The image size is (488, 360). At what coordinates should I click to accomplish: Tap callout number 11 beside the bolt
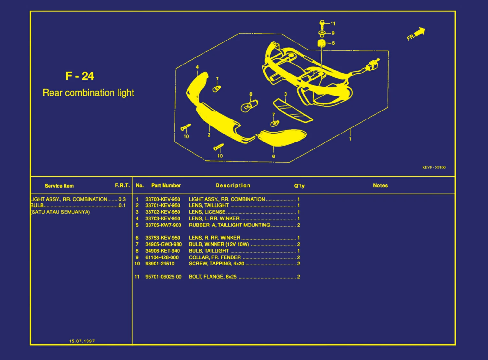pyautogui.click(x=333, y=24)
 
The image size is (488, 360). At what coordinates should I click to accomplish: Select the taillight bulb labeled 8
pyautogui.click(x=249, y=106)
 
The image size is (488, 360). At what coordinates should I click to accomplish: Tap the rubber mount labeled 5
pyautogui.click(x=322, y=43)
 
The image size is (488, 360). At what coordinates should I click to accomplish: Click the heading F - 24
pyautogui.click(x=80, y=76)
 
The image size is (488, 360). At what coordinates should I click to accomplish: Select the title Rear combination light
pyautogui.click(x=88, y=93)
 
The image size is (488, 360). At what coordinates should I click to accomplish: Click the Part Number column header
pyautogui.click(x=166, y=186)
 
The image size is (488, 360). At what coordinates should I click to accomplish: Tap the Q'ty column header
pyautogui.click(x=299, y=186)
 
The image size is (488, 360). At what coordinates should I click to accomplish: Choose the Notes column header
pyautogui.click(x=380, y=186)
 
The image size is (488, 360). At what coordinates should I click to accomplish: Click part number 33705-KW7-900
pyautogui.click(x=163, y=225)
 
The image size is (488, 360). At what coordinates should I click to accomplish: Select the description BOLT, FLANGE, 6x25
pyautogui.click(x=213, y=277)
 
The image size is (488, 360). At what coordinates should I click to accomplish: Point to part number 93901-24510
pyautogui.click(x=160, y=264)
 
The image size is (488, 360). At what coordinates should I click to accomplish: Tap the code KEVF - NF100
pyautogui.click(x=434, y=167)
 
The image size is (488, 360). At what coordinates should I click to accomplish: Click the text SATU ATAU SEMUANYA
pyautogui.click(x=61, y=212)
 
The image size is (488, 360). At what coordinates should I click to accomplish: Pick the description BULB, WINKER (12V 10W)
pyautogui.click(x=219, y=244)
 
